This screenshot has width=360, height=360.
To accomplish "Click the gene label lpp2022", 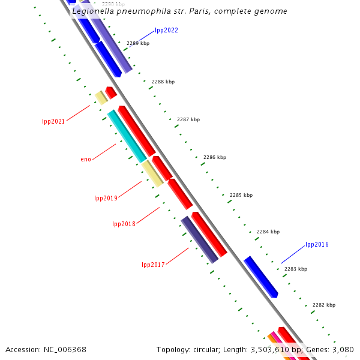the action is pyautogui.click(x=166, y=30).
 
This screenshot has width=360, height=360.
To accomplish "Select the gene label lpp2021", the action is pyautogui.click(x=53, y=121).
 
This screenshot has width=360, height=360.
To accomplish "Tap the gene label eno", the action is pyautogui.click(x=86, y=159).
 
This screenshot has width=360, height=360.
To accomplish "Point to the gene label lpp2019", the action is pyautogui.click(x=106, y=198).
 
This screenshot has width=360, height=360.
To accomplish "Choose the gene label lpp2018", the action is pyautogui.click(x=124, y=224).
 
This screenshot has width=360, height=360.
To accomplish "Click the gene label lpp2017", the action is pyautogui.click(x=153, y=265).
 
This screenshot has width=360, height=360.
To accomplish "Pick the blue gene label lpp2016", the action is pyautogui.click(x=317, y=244).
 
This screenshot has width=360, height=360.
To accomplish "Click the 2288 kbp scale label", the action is pyautogui.click(x=163, y=82).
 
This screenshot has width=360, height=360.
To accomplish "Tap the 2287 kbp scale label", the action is pyautogui.click(x=188, y=119).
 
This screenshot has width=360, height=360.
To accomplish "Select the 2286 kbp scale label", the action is pyautogui.click(x=215, y=157).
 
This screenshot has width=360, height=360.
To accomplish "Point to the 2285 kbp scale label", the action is pyautogui.click(x=241, y=195).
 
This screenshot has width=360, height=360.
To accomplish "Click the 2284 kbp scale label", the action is pyautogui.click(x=268, y=232).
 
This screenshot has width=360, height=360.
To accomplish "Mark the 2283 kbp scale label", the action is pyautogui.click(x=295, y=269).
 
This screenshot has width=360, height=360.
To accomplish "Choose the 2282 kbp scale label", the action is pyautogui.click(x=324, y=305).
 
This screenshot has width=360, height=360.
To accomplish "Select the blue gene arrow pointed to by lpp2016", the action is pyautogui.click(x=261, y=277).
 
